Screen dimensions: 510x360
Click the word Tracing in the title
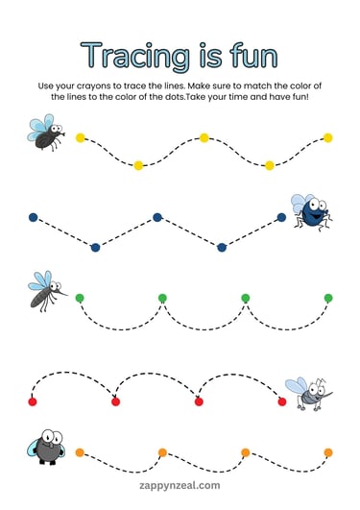(131, 55)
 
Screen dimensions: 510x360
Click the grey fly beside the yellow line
(44, 133)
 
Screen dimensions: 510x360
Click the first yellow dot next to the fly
(80, 137)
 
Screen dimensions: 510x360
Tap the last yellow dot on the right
(328, 137)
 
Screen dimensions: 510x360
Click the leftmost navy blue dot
(33, 217)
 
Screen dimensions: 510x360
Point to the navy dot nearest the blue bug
(282, 217)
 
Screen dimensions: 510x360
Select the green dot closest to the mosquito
(80, 298)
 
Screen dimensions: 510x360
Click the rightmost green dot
(328, 298)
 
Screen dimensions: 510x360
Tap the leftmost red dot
(33, 401)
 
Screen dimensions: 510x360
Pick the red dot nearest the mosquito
(282, 401)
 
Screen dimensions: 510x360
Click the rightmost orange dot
(328, 451)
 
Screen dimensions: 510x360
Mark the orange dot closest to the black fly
(80, 451)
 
